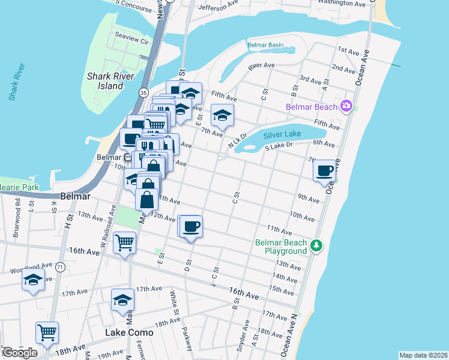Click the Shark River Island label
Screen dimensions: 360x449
(x=114, y=81)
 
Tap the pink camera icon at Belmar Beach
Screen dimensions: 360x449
(x=346, y=107)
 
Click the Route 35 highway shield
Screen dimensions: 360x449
(x=143, y=92)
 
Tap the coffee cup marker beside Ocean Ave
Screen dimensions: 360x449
(x=325, y=170)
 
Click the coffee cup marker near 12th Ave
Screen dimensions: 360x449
(x=191, y=227)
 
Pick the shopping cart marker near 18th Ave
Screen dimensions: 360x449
(x=47, y=332)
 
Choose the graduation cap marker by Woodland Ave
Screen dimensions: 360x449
(x=33, y=280)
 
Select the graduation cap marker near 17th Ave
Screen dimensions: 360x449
(x=122, y=299)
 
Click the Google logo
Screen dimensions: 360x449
(x=19, y=353)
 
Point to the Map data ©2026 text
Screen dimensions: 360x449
(x=423, y=355)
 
